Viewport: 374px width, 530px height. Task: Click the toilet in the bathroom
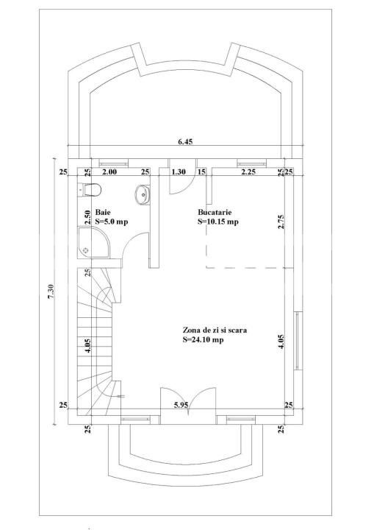click(90, 191)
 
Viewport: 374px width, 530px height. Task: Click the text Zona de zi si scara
click(214, 331)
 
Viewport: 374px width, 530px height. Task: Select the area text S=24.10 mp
click(204, 340)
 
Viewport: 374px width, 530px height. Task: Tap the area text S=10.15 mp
click(217, 221)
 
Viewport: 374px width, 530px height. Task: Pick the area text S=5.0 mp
click(112, 221)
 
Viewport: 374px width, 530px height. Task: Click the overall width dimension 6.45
click(185, 143)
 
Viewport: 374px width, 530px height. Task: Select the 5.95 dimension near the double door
click(181, 405)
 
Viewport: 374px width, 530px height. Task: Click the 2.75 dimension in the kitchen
click(281, 222)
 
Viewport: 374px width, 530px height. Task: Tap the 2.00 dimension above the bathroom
click(109, 172)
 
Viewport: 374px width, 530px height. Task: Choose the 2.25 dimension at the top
click(248, 172)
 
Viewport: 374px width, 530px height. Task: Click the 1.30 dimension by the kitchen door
click(178, 172)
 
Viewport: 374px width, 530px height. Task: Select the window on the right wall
click(297, 341)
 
